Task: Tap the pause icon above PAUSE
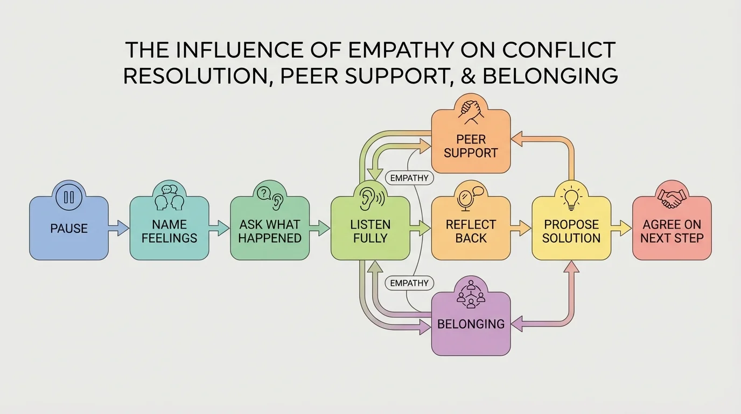pos(68,197)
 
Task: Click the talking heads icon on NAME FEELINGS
pos(169,197)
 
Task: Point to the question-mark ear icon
pos(269,197)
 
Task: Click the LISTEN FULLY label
pos(370,231)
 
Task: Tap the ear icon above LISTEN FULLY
pos(370,197)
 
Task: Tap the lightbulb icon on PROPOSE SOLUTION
pos(571,197)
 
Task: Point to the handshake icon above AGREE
pos(672,197)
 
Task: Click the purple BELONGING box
pos(471,324)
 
